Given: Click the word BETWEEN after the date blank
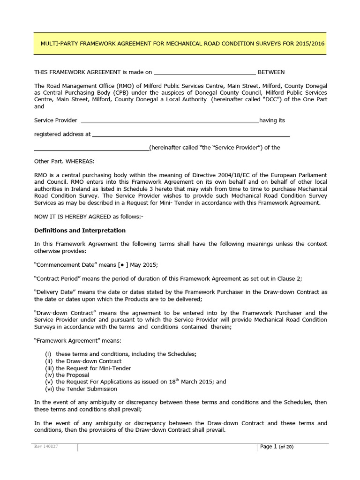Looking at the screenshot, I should pyautogui.click(x=271, y=72).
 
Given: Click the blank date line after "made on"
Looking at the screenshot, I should pyautogui.click(x=204, y=73).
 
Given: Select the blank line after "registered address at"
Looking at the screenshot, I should pyautogui.click(x=191, y=135).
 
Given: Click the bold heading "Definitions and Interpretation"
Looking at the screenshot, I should pyautogui.click(x=80, y=231).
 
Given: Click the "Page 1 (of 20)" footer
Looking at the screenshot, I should pyautogui.click(x=277, y=447).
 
